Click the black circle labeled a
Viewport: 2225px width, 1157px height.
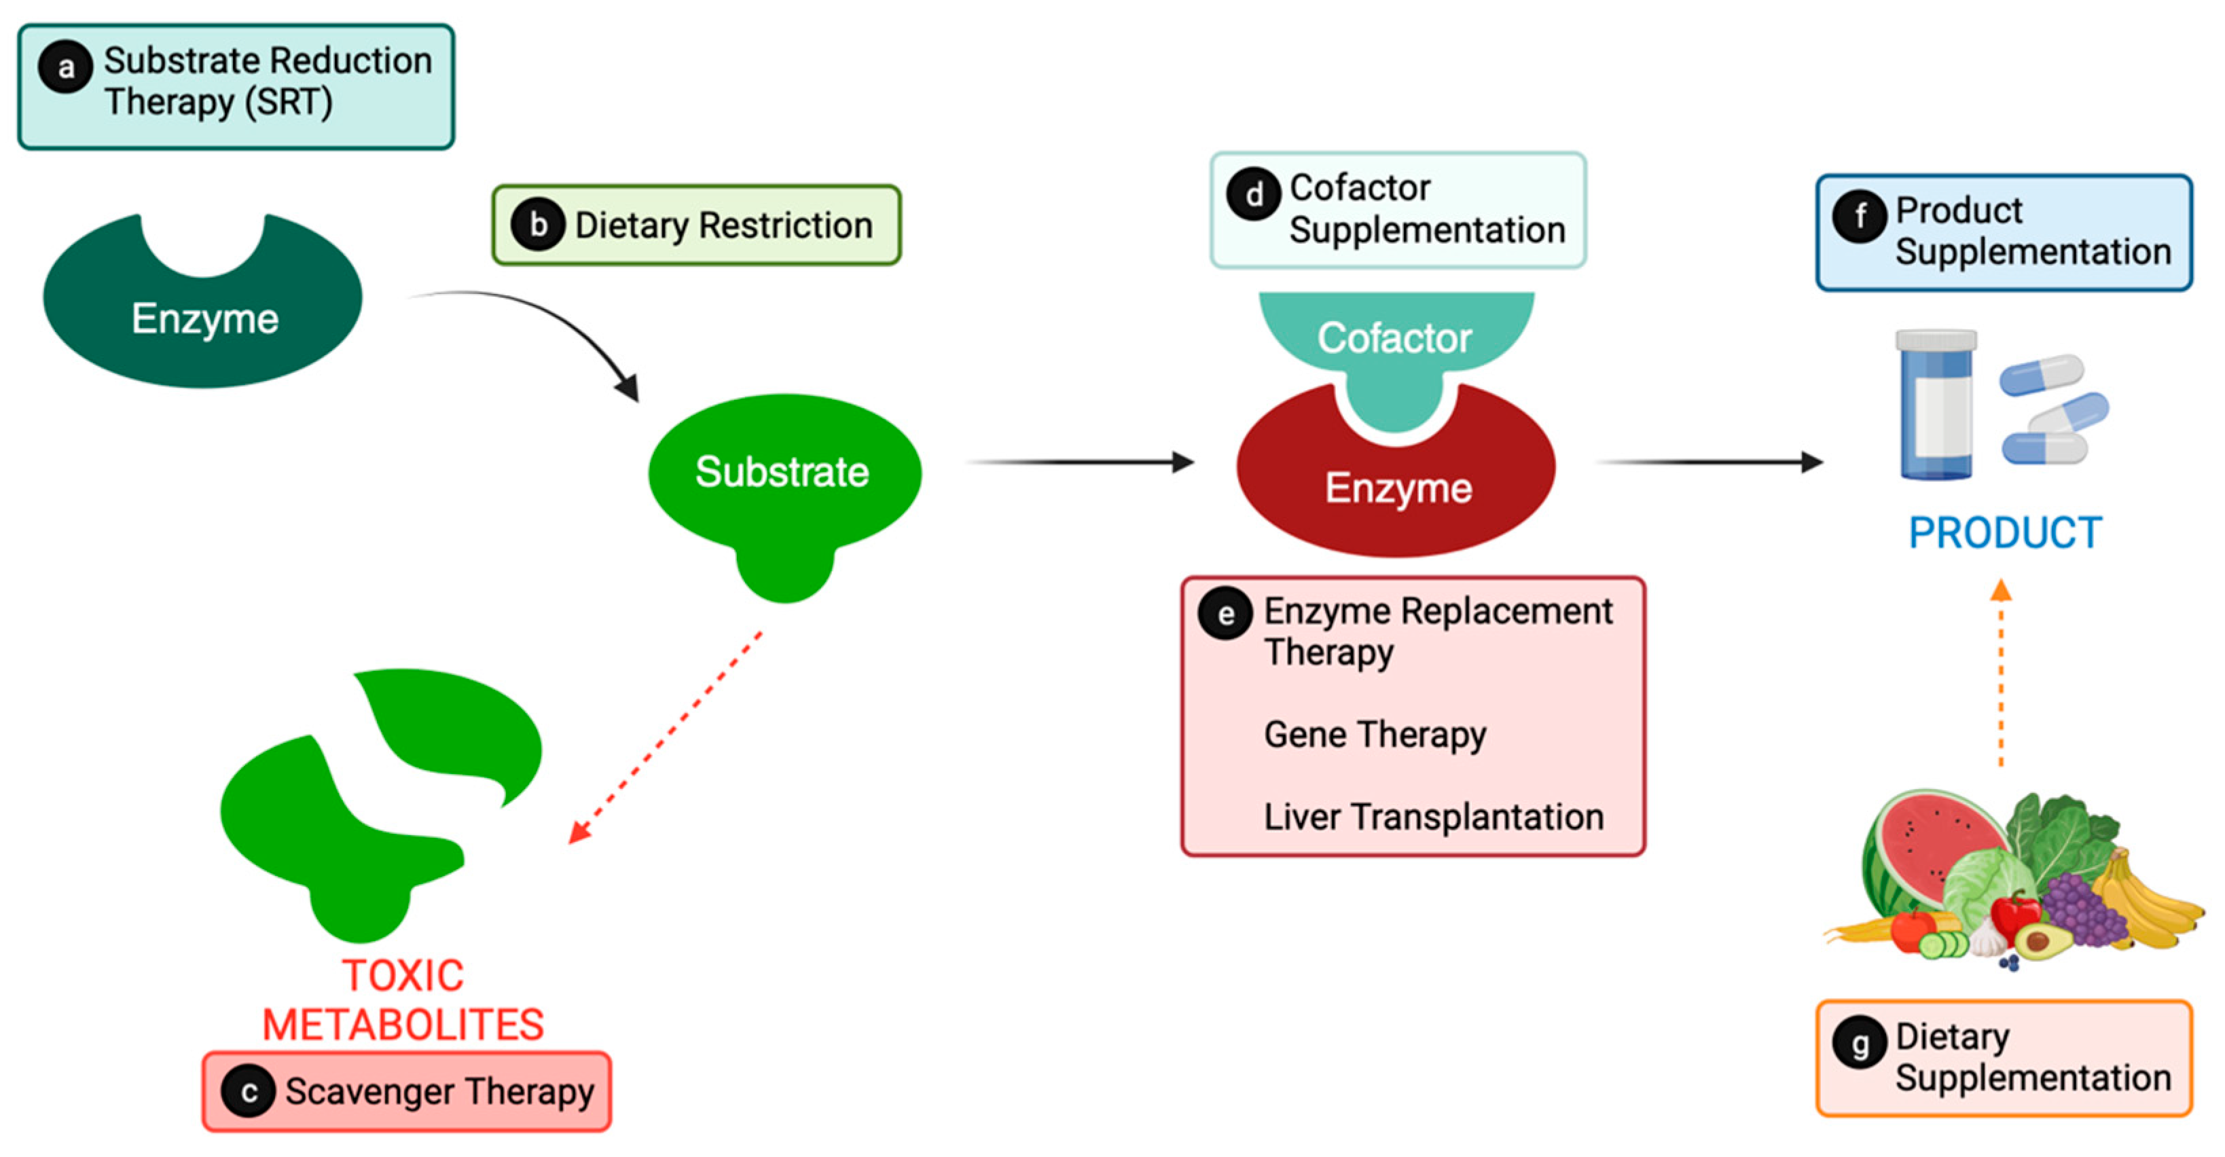(x=66, y=67)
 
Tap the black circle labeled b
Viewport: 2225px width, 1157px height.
(x=538, y=225)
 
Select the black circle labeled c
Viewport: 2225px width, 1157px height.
(x=248, y=1091)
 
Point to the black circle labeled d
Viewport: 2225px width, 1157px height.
(x=1253, y=194)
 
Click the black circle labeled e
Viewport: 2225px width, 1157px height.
(x=1225, y=614)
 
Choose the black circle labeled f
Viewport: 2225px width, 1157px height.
(x=1860, y=216)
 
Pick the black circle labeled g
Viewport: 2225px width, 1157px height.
(x=1860, y=1043)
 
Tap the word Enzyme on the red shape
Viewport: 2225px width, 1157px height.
(x=1398, y=488)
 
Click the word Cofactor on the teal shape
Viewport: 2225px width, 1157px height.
(x=1394, y=337)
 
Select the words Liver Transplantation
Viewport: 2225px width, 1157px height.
(x=1433, y=817)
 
